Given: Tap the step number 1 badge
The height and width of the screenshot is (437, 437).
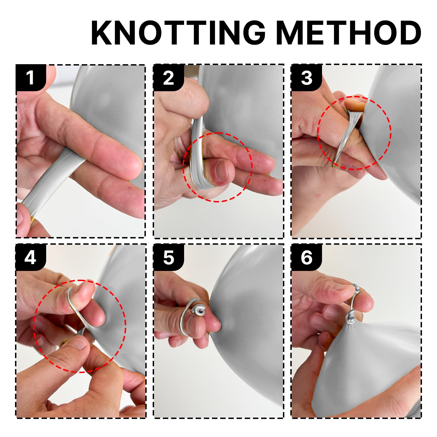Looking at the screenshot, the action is pos(31,78).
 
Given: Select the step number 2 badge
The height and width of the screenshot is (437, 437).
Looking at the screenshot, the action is pos(169,78).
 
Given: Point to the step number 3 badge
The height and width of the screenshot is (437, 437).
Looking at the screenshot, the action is pos(306,78).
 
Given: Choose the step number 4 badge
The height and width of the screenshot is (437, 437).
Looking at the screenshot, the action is pos(31,257).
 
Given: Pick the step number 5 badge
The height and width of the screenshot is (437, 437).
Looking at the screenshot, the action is pos(169,257).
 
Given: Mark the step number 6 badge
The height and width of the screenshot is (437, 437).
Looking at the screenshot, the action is pos(306,257).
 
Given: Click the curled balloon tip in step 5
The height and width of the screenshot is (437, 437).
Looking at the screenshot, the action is pos(199,309).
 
